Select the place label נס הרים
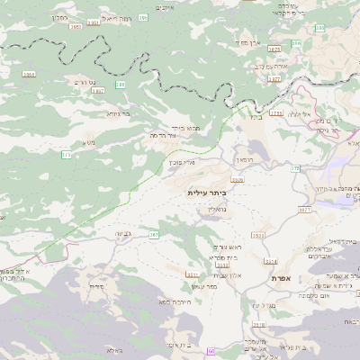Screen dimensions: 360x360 79,81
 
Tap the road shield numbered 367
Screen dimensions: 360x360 154,234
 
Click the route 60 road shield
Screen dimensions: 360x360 211,350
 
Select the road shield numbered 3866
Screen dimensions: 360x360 29,75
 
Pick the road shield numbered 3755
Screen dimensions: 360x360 276,113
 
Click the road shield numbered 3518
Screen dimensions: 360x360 192,274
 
